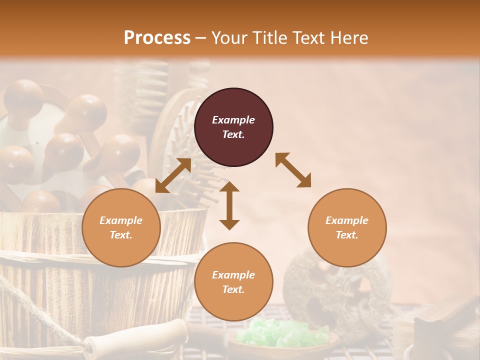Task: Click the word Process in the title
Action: pos(157,38)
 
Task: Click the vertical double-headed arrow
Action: pos(229,205)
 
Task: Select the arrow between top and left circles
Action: pos(173,175)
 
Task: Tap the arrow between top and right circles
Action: pos(293,170)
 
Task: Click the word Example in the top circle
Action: pos(233,120)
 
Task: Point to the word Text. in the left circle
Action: pos(121,235)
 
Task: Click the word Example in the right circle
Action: pos(347,220)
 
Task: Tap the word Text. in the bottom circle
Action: pos(233,289)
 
